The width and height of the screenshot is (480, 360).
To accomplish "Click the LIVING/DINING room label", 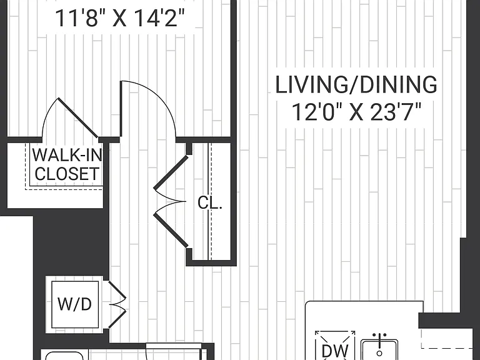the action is click(x=356, y=85).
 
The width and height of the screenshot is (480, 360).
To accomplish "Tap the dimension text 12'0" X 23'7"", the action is click(x=356, y=112).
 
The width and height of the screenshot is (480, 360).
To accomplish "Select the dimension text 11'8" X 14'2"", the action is click(x=120, y=18).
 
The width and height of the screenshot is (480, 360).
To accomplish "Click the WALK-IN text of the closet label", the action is click(x=67, y=155).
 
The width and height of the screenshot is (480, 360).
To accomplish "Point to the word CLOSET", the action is click(x=67, y=174).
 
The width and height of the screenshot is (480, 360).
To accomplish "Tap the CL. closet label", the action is click(x=210, y=202).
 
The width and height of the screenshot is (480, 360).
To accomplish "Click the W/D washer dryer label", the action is click(x=75, y=304).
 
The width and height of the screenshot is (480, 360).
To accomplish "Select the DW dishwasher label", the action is click(x=335, y=351).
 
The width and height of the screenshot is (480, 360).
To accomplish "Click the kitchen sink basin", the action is click(x=379, y=349).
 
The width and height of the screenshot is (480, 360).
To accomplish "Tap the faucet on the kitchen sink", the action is click(x=379, y=345).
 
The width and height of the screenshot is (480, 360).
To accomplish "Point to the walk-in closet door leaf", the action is click(x=78, y=117).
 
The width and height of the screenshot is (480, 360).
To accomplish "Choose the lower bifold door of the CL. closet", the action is click(x=171, y=230).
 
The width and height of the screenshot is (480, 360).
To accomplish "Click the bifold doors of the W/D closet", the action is click(x=117, y=304).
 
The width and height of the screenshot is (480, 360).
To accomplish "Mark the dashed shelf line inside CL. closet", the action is click(x=210, y=201).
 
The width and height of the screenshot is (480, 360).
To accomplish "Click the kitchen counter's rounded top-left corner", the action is click(x=307, y=303).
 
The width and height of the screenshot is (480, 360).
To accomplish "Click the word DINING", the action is click(x=399, y=85).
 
